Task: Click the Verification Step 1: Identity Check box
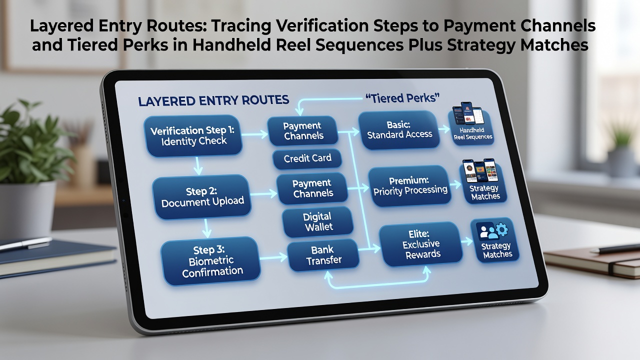(x=193, y=136)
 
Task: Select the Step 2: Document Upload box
(x=201, y=197)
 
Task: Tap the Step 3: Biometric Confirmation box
(x=210, y=260)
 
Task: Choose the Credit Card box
(x=307, y=158)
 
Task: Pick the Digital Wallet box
(x=317, y=221)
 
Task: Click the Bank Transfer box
(x=323, y=255)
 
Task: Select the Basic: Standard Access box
(x=399, y=130)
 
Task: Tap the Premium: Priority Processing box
(x=409, y=186)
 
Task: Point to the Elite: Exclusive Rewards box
(x=421, y=244)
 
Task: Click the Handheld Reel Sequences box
(x=471, y=127)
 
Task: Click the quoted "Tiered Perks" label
(x=402, y=98)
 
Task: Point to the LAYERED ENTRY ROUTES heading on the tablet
(x=213, y=100)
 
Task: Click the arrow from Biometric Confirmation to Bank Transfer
(x=273, y=257)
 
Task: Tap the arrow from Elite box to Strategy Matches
(x=467, y=241)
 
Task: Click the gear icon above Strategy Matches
(x=501, y=229)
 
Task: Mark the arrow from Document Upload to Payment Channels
(x=263, y=194)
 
